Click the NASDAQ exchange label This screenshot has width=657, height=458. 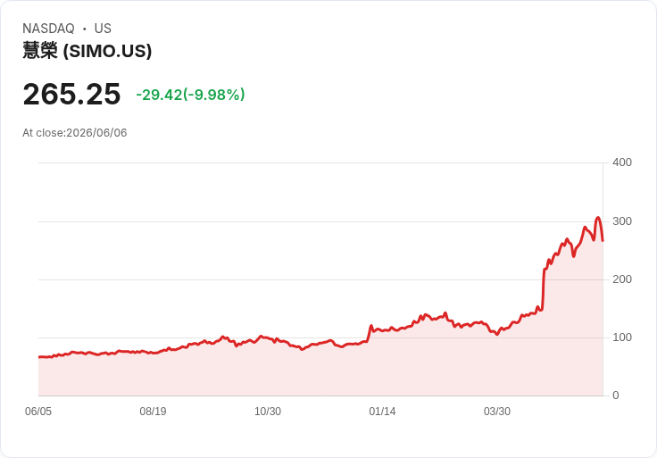tap(48, 29)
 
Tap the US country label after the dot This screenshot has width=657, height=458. tap(103, 29)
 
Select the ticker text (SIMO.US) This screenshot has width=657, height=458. tap(107, 51)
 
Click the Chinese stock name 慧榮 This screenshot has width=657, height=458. tap(40, 51)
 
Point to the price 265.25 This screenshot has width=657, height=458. tap(71, 94)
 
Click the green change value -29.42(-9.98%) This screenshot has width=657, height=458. tap(190, 95)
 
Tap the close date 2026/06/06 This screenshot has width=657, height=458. tap(96, 133)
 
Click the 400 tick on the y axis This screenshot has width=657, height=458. tap(622, 162)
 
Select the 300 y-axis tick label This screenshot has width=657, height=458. tap(622, 221)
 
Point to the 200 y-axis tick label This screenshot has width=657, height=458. tap(622, 279)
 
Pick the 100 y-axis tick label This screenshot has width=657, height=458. tap(622, 337)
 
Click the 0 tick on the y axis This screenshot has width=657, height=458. tap(616, 396)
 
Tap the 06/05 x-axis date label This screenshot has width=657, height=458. tap(38, 411)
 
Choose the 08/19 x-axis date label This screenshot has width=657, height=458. tap(153, 411)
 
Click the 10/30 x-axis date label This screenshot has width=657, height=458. tap(268, 411)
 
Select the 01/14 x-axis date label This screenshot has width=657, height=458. tap(382, 411)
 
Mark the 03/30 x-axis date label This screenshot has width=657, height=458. tap(497, 411)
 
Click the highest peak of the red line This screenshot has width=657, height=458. tap(598, 218)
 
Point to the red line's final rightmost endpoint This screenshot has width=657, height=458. tap(603, 241)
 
